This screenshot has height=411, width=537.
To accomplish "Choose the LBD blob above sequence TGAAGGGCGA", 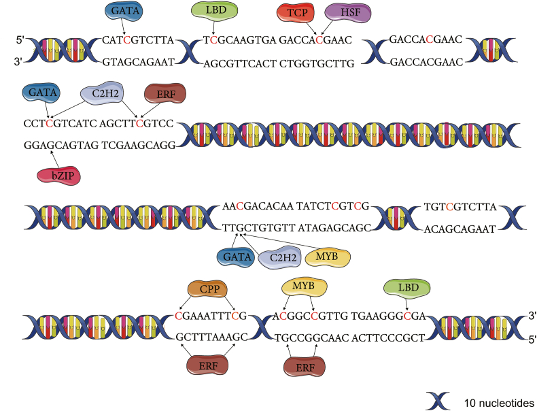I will [x=406, y=288].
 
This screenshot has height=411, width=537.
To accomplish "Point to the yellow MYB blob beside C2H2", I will [x=327, y=257].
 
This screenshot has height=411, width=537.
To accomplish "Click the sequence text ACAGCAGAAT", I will [x=462, y=229].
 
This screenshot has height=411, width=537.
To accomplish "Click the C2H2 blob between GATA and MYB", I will [x=274, y=257].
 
